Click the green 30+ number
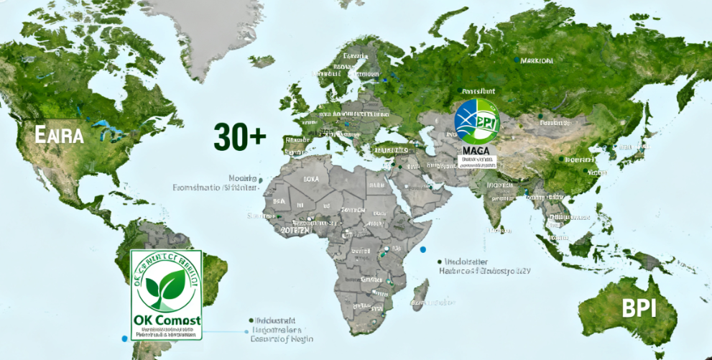point(239,135)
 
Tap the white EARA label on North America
point(60,134)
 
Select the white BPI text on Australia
point(639,308)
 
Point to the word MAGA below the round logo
point(476,150)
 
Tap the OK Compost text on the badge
point(167,320)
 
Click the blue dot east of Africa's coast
point(423,249)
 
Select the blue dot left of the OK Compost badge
point(124,338)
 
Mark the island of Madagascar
point(420,294)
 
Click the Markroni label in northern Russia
point(537,61)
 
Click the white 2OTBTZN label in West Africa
point(295,231)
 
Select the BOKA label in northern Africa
point(311,178)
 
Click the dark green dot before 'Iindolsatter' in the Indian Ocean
point(438,262)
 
